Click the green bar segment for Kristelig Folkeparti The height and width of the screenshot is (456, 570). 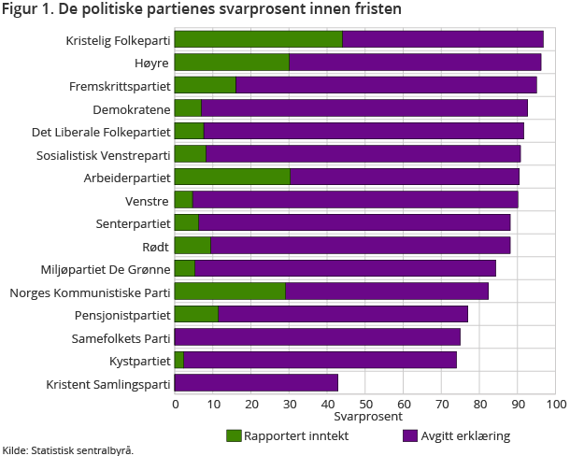258,39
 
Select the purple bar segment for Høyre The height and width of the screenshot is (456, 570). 415,63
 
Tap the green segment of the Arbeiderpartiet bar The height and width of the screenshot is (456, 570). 232,177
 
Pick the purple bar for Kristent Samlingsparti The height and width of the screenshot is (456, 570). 256,383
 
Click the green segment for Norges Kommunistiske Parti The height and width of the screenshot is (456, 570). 230,292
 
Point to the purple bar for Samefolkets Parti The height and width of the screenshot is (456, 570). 318,337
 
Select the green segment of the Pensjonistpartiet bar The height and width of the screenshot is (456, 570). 196,314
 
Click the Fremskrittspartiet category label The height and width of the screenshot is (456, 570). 120,85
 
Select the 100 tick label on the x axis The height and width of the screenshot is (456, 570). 555,404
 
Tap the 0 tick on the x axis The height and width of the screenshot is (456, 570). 175,404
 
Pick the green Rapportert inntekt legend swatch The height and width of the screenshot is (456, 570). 234,435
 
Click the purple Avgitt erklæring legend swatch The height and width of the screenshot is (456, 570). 408,435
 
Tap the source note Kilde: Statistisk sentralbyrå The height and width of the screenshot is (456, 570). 67,449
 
